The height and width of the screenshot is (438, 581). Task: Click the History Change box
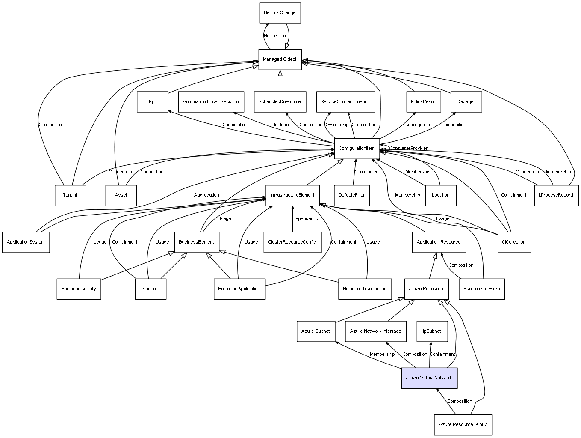tap(280, 13)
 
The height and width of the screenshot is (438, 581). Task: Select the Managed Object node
tap(280, 60)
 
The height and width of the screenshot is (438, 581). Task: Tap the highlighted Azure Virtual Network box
tap(429, 378)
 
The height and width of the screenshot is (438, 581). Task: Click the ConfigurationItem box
tap(357, 149)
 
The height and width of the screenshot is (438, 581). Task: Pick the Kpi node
tap(152, 102)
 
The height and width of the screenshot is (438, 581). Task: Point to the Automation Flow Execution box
tap(211, 102)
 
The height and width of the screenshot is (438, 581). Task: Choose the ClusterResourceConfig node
tap(292, 242)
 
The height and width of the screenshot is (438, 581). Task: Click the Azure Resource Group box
tap(463, 425)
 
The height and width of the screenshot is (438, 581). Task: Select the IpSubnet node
tap(432, 331)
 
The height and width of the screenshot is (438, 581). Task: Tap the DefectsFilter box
tap(352, 195)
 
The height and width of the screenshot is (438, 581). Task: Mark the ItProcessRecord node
tap(556, 195)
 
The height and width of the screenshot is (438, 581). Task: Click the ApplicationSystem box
tap(26, 242)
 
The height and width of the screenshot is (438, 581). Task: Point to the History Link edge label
tap(276, 36)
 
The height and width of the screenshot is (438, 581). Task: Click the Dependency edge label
tap(305, 219)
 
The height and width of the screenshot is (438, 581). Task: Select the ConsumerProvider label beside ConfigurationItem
tap(408, 149)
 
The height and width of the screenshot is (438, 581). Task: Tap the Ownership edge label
tap(337, 125)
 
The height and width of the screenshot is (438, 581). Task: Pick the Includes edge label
tap(283, 125)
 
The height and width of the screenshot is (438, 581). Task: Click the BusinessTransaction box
tap(365, 289)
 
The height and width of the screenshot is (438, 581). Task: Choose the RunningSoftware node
tap(482, 289)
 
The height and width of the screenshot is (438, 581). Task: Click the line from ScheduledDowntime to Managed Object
tap(280, 81)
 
